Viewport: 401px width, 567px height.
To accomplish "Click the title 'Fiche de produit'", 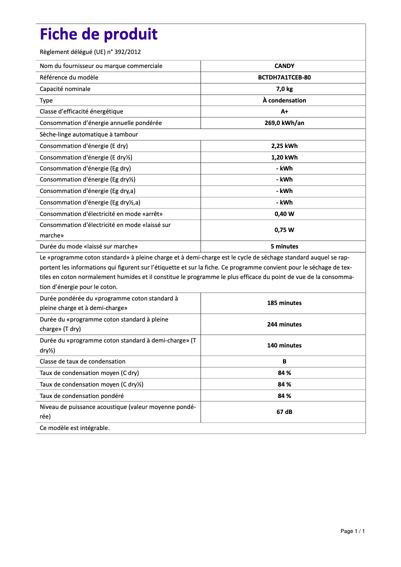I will pos(98,34).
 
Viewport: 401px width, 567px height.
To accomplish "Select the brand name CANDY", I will pos(284,66).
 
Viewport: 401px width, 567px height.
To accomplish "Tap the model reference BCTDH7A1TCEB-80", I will pos(284,77).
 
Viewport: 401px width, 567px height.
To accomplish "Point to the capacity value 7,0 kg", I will pos(284,89).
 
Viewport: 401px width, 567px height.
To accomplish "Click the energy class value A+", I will pos(284,111).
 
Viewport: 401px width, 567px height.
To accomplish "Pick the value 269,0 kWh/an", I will pos(284,123).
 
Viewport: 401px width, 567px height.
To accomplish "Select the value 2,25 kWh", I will pos(284,146).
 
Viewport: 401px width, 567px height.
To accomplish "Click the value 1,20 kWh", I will pos(284,157).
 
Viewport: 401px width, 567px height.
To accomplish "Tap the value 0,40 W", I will pos(284,214).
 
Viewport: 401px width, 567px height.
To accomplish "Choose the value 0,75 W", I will pos(284,230).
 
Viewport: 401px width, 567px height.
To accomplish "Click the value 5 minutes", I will pos(284,246).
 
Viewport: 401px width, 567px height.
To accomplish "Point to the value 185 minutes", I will pos(284,303).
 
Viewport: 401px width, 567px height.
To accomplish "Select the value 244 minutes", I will pos(284,324).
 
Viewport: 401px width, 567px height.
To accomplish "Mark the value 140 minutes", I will pos(284,345).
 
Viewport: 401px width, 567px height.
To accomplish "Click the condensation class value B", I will pos(284,361).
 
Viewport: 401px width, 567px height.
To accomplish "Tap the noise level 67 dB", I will pos(284,412).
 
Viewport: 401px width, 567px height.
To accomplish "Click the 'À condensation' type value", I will pos(284,100).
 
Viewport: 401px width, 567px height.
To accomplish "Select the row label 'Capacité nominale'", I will pos(65,89).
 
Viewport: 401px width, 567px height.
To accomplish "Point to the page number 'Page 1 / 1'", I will pos(352,531).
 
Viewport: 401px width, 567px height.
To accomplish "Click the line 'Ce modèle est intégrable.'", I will pos(74,428).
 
